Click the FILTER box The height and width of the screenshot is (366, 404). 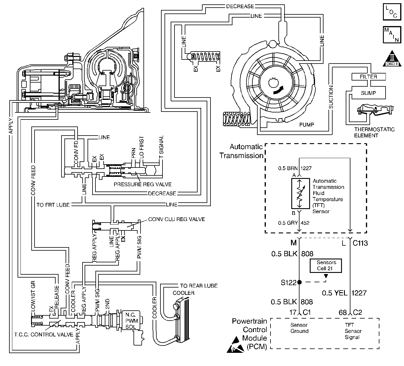point(369,77)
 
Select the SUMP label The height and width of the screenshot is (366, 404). point(368,93)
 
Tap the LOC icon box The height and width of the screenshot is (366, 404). point(392,12)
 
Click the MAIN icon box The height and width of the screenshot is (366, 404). point(392,35)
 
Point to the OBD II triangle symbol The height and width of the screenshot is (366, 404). point(392,59)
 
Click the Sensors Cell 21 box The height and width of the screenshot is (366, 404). point(326,266)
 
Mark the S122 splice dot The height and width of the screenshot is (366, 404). point(299,282)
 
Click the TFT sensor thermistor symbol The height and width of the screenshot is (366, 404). point(300,193)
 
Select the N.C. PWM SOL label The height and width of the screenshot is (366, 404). point(131,321)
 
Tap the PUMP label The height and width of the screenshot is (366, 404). point(307,125)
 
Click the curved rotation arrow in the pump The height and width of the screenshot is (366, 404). point(278,90)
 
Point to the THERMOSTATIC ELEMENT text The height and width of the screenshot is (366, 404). point(374,132)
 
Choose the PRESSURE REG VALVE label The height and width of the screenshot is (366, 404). point(143,184)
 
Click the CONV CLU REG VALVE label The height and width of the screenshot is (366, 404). point(177,219)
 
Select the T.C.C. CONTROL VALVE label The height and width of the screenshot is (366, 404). point(44,335)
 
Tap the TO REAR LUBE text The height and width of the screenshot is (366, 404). point(199,286)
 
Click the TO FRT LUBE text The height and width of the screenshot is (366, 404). point(53,205)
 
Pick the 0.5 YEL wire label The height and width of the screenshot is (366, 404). point(335,293)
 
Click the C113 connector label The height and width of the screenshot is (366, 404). point(360,243)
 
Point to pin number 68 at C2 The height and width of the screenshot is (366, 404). point(343,312)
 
